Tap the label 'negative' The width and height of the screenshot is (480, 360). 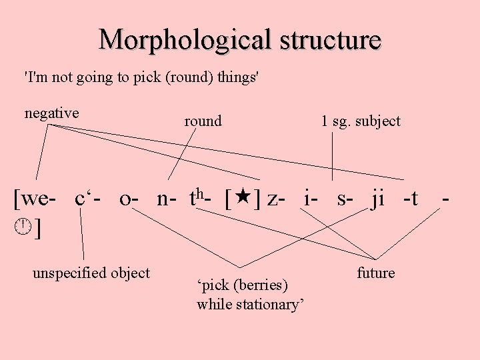tap(51, 113)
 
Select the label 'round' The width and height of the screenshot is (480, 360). tap(203, 121)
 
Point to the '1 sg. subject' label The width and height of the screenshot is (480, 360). tap(361, 121)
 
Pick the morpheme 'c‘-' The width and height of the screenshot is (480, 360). tap(89, 198)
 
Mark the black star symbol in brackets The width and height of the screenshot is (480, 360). tap(243, 198)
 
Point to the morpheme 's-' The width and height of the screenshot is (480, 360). tap(345, 199)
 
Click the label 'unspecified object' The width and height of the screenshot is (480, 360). tap(91, 272)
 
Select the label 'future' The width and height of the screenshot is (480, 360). tap(375, 273)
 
